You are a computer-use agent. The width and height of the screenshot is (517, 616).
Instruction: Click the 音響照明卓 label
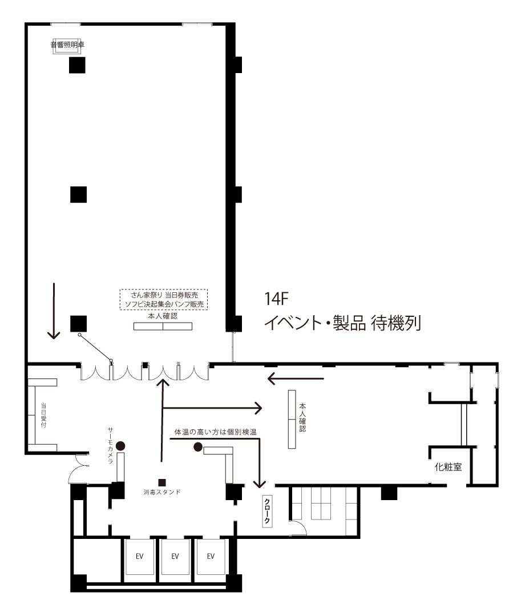coord(67,45)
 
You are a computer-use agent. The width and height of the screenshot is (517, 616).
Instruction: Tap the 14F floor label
coord(276,299)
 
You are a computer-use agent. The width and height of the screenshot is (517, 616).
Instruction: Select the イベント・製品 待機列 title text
coord(342,323)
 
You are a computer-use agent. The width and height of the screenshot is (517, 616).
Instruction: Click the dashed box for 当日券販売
coord(164,300)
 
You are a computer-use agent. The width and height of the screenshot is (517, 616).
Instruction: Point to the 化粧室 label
coord(448,467)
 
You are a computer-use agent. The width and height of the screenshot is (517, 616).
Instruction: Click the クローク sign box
coord(267,511)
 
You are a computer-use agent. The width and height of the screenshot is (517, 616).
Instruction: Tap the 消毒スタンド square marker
coord(161,482)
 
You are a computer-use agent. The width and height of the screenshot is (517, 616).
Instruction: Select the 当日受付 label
coord(43,415)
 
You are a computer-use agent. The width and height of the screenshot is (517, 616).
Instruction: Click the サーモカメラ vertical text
coord(110,445)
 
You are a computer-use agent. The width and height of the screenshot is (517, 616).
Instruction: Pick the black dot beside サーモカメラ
coord(120,446)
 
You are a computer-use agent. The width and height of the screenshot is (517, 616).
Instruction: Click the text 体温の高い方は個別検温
coord(216,432)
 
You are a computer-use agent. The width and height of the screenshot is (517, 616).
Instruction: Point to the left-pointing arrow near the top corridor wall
coord(296,379)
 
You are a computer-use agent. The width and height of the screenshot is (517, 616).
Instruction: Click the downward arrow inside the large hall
coord(54,311)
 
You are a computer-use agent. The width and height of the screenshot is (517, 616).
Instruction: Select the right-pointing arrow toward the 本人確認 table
coord(212,408)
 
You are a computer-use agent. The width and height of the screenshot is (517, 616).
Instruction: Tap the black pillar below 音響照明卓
coord(77,65)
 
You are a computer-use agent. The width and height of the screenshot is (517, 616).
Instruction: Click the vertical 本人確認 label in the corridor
coord(302,417)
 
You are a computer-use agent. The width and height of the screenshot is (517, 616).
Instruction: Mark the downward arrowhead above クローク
coord(259,484)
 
